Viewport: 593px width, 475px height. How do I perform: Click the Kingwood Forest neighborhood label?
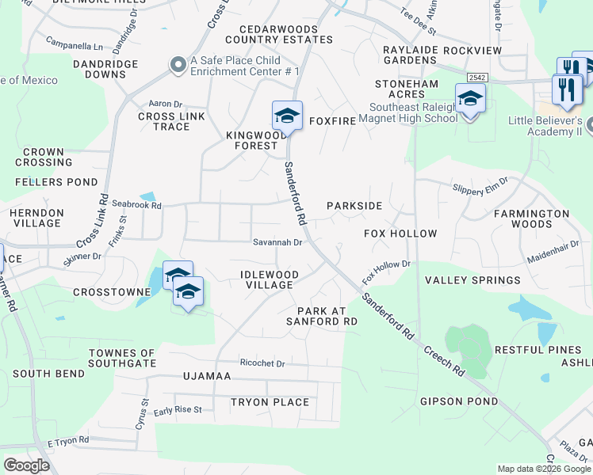pyautogui.click(x=256, y=140)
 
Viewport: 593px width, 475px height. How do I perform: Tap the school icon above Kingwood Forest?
pyautogui.click(x=287, y=116)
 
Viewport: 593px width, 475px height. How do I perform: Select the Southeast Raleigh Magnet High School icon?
pyautogui.click(x=470, y=99)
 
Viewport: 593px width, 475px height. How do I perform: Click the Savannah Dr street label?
pyautogui.click(x=277, y=242)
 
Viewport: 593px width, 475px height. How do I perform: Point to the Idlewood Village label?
pyautogui.click(x=270, y=279)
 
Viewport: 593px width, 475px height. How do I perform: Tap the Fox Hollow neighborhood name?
pyautogui.click(x=400, y=234)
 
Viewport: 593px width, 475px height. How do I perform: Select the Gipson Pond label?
pyautogui.click(x=459, y=401)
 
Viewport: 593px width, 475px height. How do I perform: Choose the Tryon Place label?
pyautogui.click(x=270, y=402)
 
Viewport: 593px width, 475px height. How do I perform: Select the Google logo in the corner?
pyautogui.click(x=26, y=465)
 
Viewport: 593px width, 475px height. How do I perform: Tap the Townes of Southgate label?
pyautogui.click(x=122, y=358)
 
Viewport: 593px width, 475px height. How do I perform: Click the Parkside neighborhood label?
pyautogui.click(x=354, y=206)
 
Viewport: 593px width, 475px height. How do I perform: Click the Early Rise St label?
pyautogui.click(x=178, y=410)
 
